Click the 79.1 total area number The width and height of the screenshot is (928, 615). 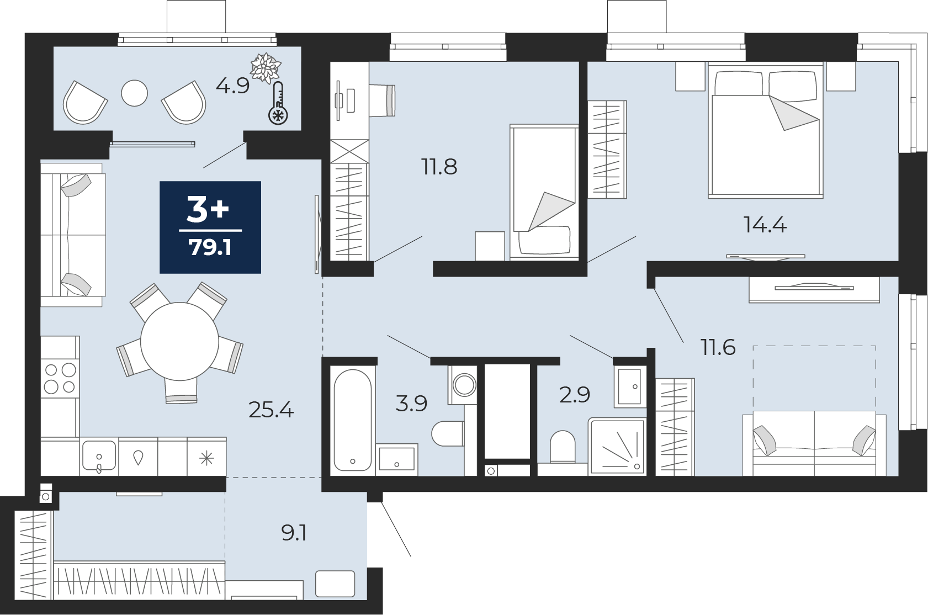(x=210, y=248)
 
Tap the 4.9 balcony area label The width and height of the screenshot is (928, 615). (x=233, y=87)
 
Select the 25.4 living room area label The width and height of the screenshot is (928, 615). (x=271, y=411)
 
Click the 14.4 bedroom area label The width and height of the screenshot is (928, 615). (x=765, y=225)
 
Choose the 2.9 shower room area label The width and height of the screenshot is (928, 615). (x=575, y=395)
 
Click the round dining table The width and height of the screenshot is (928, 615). (x=179, y=342)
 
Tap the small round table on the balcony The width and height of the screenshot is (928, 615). (x=135, y=93)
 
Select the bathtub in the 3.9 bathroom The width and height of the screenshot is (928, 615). (x=353, y=420)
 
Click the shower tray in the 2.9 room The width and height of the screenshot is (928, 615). (x=617, y=446)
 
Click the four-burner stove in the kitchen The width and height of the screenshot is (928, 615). (x=60, y=378)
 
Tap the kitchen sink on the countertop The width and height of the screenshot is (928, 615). (x=99, y=456)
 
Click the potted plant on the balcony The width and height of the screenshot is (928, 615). (x=266, y=67)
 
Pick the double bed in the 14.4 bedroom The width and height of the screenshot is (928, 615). (x=766, y=130)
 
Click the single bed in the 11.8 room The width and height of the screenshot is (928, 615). (x=544, y=192)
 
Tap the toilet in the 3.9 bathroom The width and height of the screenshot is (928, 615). (x=448, y=433)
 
